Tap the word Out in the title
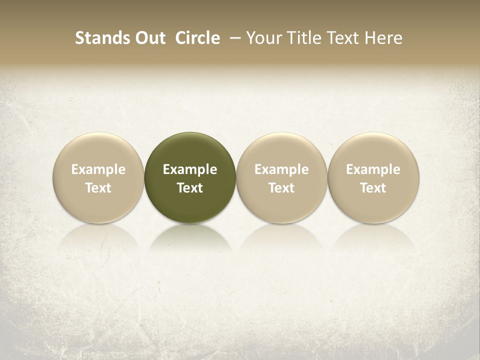point(149,38)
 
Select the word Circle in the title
point(197,38)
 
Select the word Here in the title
point(383,38)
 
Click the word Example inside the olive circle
point(190,169)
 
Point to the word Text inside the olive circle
point(190,188)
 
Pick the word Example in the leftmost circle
point(98,169)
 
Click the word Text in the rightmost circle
point(373,188)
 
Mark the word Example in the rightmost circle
point(373,169)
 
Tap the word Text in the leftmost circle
point(98,188)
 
